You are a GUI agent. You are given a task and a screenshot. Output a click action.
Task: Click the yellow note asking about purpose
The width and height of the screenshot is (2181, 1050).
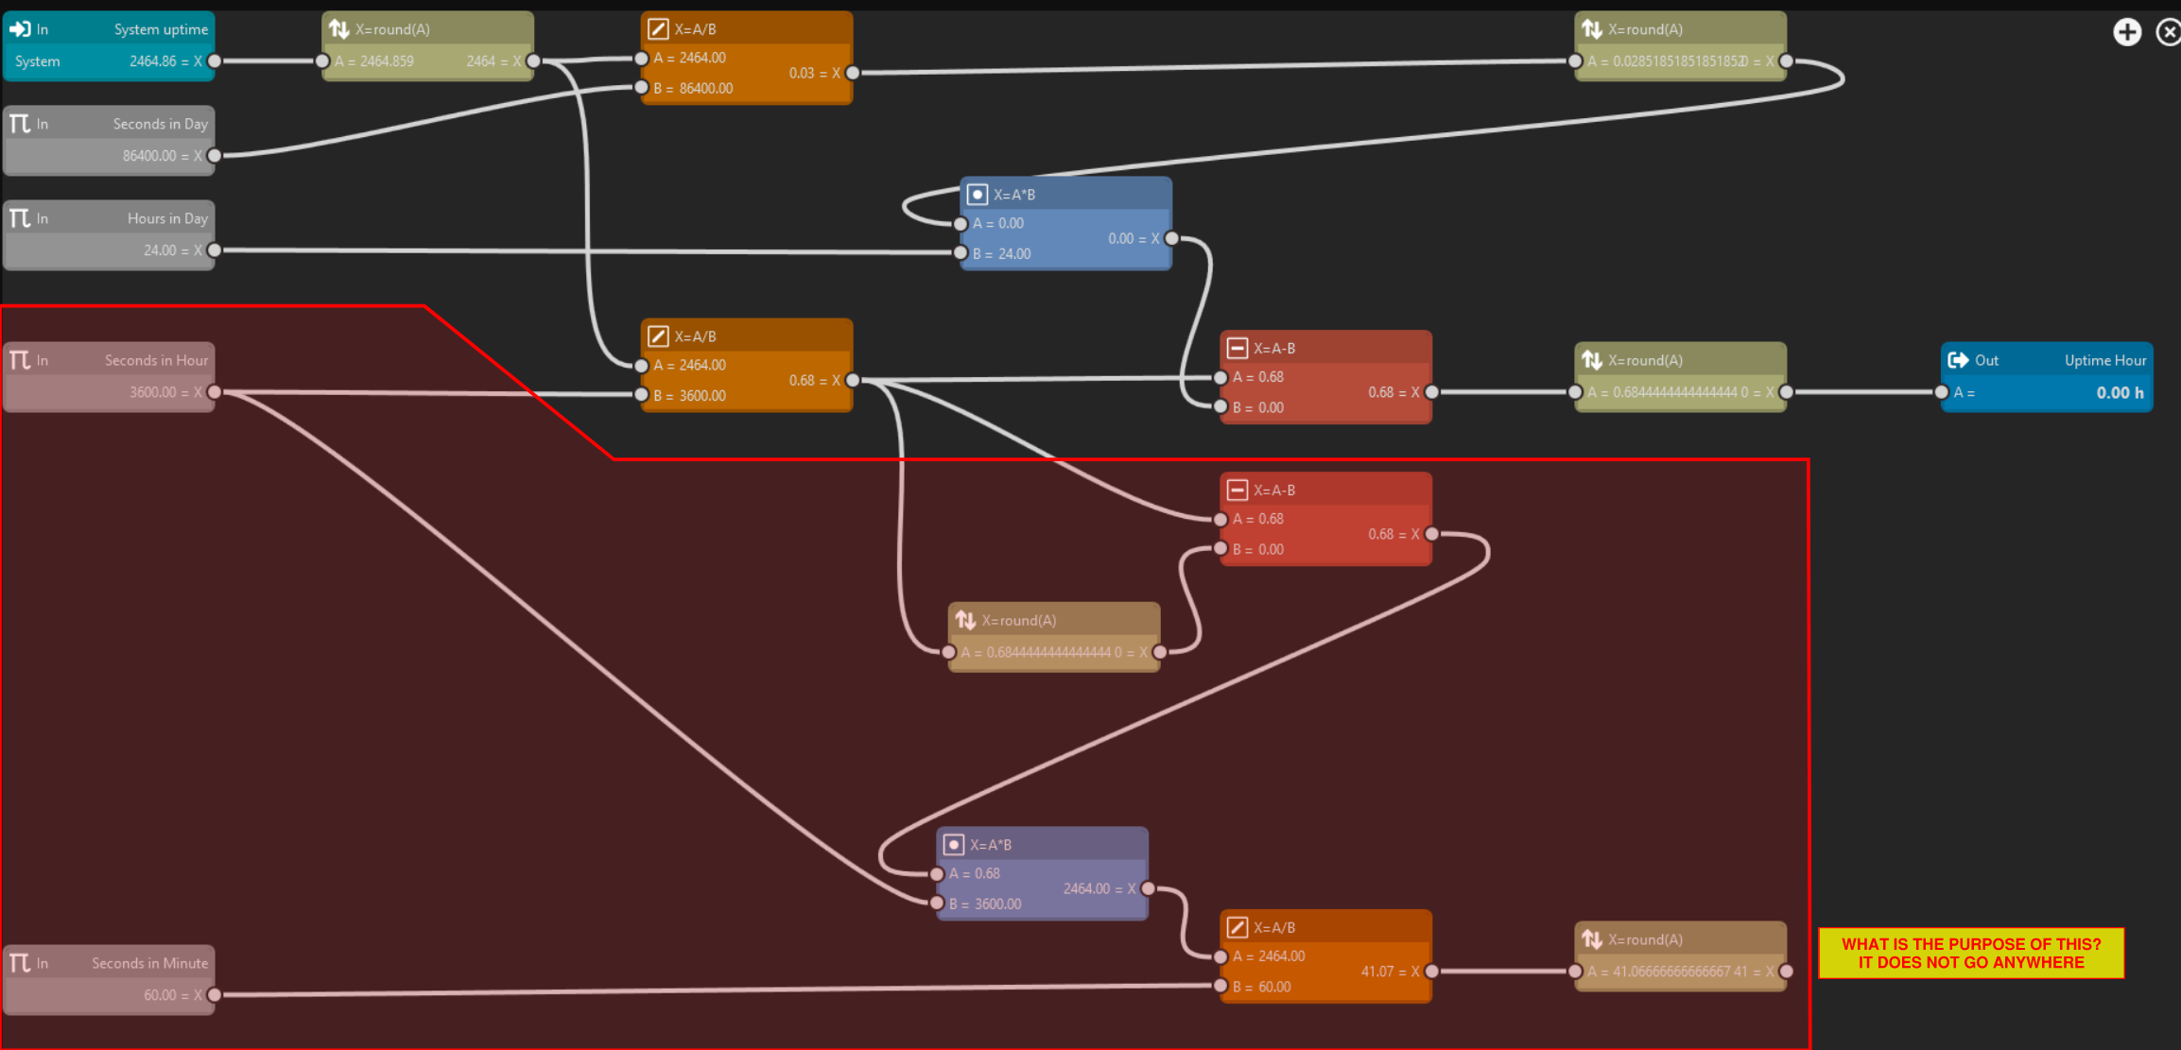coord(1970,953)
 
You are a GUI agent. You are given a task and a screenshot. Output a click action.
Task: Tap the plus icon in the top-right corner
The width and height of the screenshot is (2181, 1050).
coord(2126,32)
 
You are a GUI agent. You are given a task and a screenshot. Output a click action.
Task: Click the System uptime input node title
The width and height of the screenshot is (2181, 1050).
coord(161,29)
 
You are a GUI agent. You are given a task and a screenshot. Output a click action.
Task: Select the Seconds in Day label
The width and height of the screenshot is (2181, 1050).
coord(160,124)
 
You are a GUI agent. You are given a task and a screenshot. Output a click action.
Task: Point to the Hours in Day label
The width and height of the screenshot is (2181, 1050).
coord(167,218)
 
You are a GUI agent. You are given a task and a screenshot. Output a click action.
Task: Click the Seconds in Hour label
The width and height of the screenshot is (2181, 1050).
coord(156,360)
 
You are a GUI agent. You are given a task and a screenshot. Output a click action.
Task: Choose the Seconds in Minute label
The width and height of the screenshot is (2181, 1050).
coord(149,963)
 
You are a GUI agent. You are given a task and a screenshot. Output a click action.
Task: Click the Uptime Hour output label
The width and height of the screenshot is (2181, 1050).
coord(2104,360)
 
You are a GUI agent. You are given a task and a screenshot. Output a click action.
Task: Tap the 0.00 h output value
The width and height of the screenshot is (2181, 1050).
coord(2119,392)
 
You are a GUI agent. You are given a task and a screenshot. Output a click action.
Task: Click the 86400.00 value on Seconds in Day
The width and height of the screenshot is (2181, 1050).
coord(149,156)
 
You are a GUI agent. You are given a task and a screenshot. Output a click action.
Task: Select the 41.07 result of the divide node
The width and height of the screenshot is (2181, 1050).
coord(1377,972)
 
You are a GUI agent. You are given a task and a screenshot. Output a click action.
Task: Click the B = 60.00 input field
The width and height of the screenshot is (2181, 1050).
coord(1262,987)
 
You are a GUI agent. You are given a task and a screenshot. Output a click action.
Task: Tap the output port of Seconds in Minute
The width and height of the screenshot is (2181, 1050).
coord(215,994)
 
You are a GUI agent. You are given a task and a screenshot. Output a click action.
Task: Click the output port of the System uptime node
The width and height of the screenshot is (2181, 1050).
coord(215,61)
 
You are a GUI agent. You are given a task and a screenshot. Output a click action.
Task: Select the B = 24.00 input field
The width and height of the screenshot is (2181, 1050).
coord(1002,253)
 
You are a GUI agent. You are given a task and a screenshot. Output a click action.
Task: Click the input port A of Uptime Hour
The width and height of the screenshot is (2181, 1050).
coord(1942,392)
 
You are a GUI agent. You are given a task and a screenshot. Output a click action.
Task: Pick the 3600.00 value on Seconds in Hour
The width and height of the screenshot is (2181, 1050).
coord(153,392)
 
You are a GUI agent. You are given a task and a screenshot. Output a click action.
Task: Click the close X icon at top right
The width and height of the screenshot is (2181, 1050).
coord(2167,32)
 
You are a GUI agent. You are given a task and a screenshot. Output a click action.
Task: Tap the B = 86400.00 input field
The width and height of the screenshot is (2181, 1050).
coord(695,88)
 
